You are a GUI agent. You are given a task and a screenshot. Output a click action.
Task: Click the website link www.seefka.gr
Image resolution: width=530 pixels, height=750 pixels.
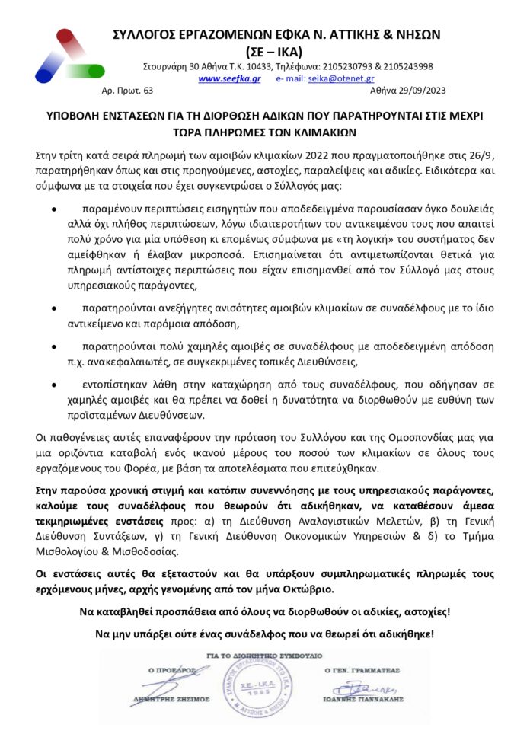229,78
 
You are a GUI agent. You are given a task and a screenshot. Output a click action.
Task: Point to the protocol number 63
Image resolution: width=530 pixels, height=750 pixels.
148,91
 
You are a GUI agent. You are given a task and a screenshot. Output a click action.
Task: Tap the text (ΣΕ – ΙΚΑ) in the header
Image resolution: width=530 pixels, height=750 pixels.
274,52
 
